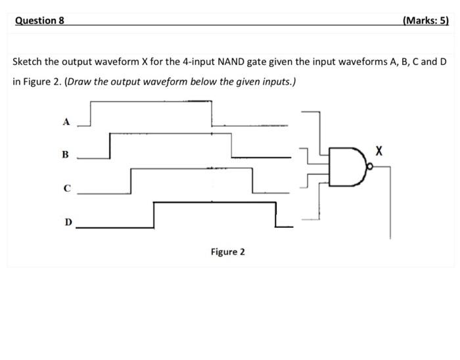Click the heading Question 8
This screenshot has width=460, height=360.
click(x=39, y=20)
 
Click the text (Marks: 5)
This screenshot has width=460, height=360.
click(x=425, y=20)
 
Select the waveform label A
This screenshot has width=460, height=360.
click(x=65, y=122)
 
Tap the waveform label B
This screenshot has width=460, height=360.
click(x=65, y=155)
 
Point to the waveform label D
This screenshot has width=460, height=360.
click(x=68, y=222)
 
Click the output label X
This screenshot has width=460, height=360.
click(x=378, y=151)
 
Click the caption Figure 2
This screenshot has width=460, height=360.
click(x=227, y=252)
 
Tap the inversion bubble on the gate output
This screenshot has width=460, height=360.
click(x=370, y=168)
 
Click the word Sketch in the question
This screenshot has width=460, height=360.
click(x=28, y=62)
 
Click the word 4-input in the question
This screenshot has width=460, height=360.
click(x=196, y=62)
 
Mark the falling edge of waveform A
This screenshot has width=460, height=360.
click(x=212, y=113)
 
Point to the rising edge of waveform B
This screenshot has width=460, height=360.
click(x=110, y=146)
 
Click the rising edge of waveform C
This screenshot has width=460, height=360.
click(x=131, y=180)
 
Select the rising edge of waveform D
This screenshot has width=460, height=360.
click(x=154, y=215)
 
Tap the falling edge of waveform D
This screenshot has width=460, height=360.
click(x=276, y=215)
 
